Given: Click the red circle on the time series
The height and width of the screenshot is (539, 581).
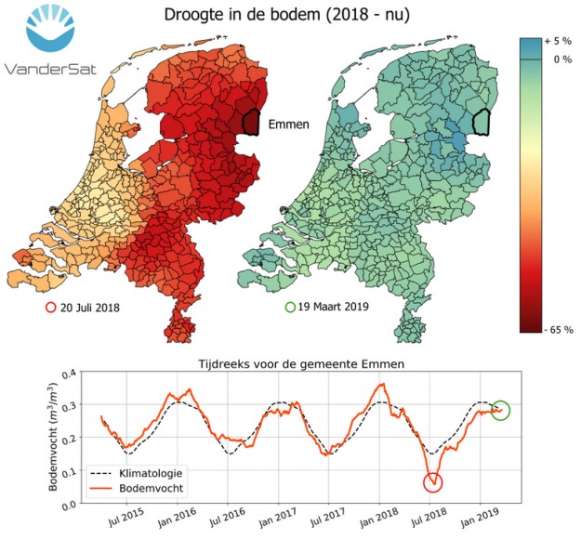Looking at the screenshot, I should (x=432, y=481).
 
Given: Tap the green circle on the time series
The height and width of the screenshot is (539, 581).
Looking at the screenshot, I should (x=500, y=410).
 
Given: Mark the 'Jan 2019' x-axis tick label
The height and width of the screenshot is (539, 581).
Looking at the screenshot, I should (x=480, y=516).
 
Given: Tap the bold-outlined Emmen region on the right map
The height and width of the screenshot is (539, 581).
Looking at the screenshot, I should (x=480, y=121).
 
